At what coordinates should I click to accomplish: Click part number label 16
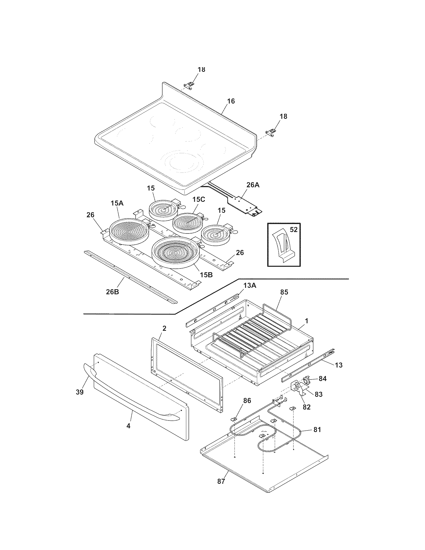231,101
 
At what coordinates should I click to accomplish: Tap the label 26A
253,185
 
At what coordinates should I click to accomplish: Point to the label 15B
206,275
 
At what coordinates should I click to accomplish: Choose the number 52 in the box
293,229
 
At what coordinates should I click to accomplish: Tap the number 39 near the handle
79,392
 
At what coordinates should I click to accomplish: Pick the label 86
247,401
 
